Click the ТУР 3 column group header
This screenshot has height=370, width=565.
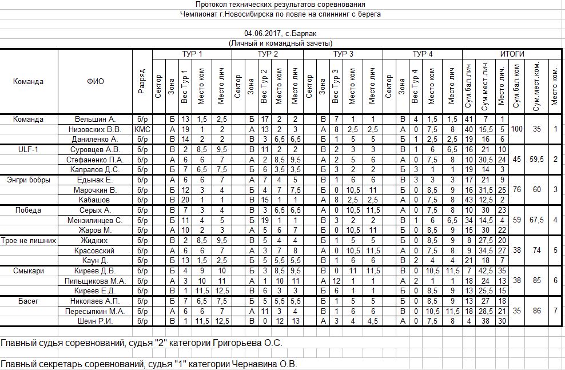pyautogui.click(x=343, y=54)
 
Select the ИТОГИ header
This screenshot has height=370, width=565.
pyautogui.click(x=512, y=54)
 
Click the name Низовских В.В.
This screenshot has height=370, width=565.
pyautogui.click(x=96, y=129)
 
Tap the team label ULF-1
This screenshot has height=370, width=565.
pyautogui.click(x=29, y=149)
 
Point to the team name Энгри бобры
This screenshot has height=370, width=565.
pyautogui.click(x=29, y=180)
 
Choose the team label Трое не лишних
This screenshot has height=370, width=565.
pyautogui.click(x=29, y=240)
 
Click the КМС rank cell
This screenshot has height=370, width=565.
pyautogui.click(x=142, y=129)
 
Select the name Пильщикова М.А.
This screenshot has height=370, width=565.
pyautogui.click(x=96, y=281)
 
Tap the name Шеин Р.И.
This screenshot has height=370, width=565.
pyautogui.click(x=96, y=321)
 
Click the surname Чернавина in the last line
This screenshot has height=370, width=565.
pyautogui.click(x=253, y=364)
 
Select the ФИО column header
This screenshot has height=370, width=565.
pyautogui.click(x=96, y=81)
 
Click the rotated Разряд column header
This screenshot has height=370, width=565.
pyautogui.click(x=142, y=81)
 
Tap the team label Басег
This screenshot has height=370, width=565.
pyautogui.click(x=29, y=301)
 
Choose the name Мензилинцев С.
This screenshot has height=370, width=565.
pyautogui.click(x=96, y=220)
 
